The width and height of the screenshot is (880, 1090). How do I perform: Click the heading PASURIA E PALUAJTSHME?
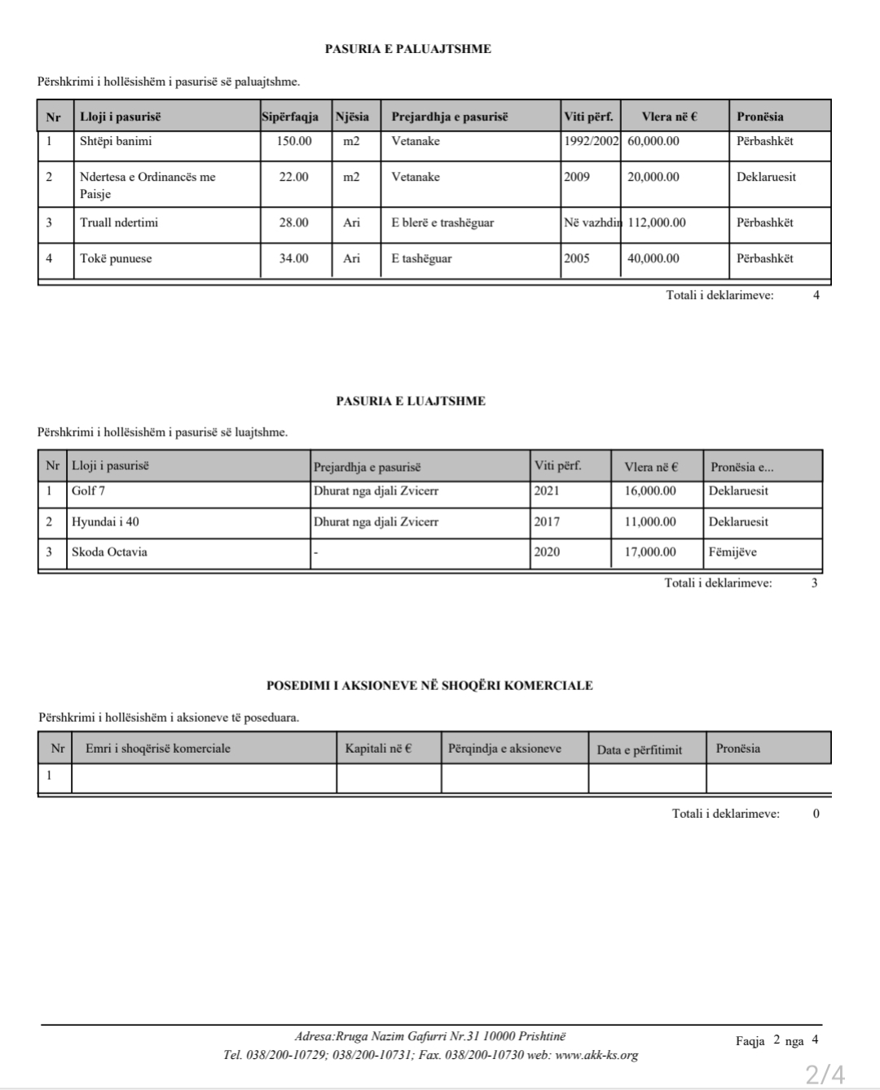click(407, 49)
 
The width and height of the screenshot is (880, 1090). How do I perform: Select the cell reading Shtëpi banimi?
click(116, 142)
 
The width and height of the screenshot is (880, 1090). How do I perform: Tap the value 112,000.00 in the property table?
click(657, 222)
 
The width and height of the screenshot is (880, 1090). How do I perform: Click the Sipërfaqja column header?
click(290, 116)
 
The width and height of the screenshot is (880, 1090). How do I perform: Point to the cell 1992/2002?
click(592, 142)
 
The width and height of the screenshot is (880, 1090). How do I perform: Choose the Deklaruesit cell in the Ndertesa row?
click(766, 177)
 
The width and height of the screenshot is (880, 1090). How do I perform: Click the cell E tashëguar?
click(421, 258)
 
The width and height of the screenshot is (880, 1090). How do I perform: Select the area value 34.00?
click(294, 258)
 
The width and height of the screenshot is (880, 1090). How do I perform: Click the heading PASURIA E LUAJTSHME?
click(410, 401)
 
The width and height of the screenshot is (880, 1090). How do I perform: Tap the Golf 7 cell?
click(88, 491)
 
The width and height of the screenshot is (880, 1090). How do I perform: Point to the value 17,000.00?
click(650, 552)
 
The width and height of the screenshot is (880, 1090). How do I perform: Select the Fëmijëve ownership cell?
click(733, 552)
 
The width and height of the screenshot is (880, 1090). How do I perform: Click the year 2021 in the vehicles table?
click(547, 491)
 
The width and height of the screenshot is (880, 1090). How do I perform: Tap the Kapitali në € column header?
click(378, 749)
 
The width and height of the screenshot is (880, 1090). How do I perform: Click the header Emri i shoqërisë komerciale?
click(158, 749)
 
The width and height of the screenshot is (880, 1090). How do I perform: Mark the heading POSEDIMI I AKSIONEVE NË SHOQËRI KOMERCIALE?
click(429, 686)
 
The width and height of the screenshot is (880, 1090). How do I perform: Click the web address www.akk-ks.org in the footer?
click(596, 1055)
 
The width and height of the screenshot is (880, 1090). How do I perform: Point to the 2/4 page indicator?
click(825, 1073)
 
